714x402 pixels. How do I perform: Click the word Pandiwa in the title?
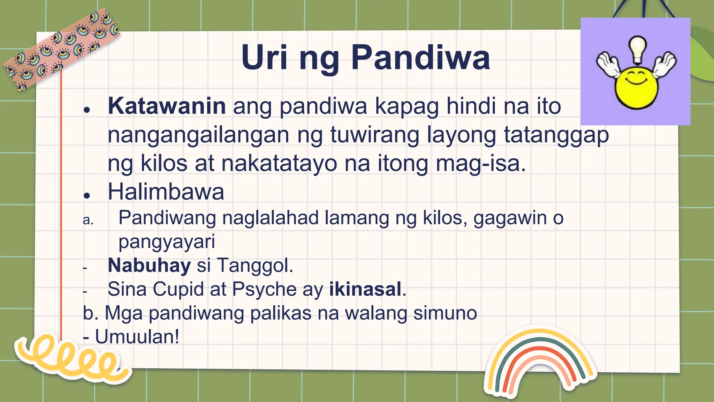pos(420,58)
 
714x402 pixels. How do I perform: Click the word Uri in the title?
pos(264,58)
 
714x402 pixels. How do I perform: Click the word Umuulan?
pos(137,337)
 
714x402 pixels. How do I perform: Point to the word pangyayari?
pos(167,242)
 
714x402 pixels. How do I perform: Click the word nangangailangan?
pos(198,135)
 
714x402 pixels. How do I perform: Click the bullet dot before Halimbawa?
pos(87,195)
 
